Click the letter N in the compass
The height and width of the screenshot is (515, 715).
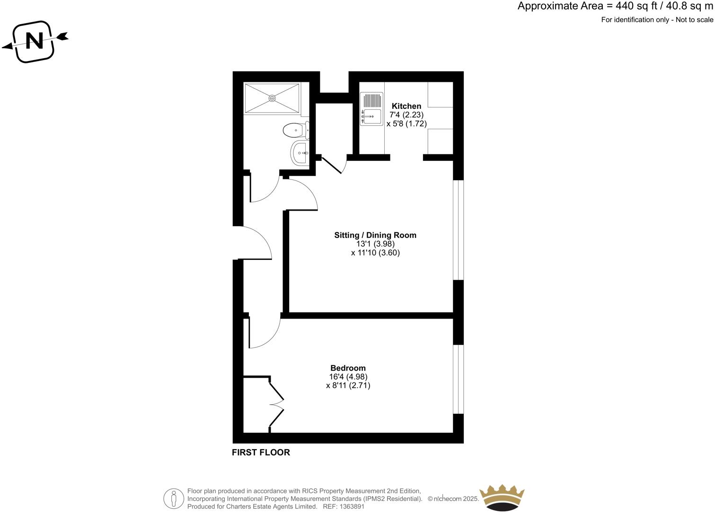[x=34, y=41]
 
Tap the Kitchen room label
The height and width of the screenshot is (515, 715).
[x=406, y=106]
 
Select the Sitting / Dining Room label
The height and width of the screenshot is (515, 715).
[x=375, y=235]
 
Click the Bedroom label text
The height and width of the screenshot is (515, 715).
[x=348, y=368]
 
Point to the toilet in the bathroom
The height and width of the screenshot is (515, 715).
[x=294, y=130]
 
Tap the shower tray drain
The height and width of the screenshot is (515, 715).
[x=272, y=98]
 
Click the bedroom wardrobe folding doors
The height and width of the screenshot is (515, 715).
[x=276, y=405]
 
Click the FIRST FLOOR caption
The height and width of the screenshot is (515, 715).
[x=261, y=453]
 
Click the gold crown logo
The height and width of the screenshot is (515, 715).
[x=502, y=497]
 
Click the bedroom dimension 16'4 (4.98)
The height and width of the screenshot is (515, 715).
[x=348, y=377]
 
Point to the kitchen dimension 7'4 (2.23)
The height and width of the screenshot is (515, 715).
[x=406, y=115]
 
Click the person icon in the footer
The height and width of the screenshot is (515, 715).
[x=174, y=498]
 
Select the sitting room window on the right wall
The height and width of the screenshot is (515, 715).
[x=458, y=230]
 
